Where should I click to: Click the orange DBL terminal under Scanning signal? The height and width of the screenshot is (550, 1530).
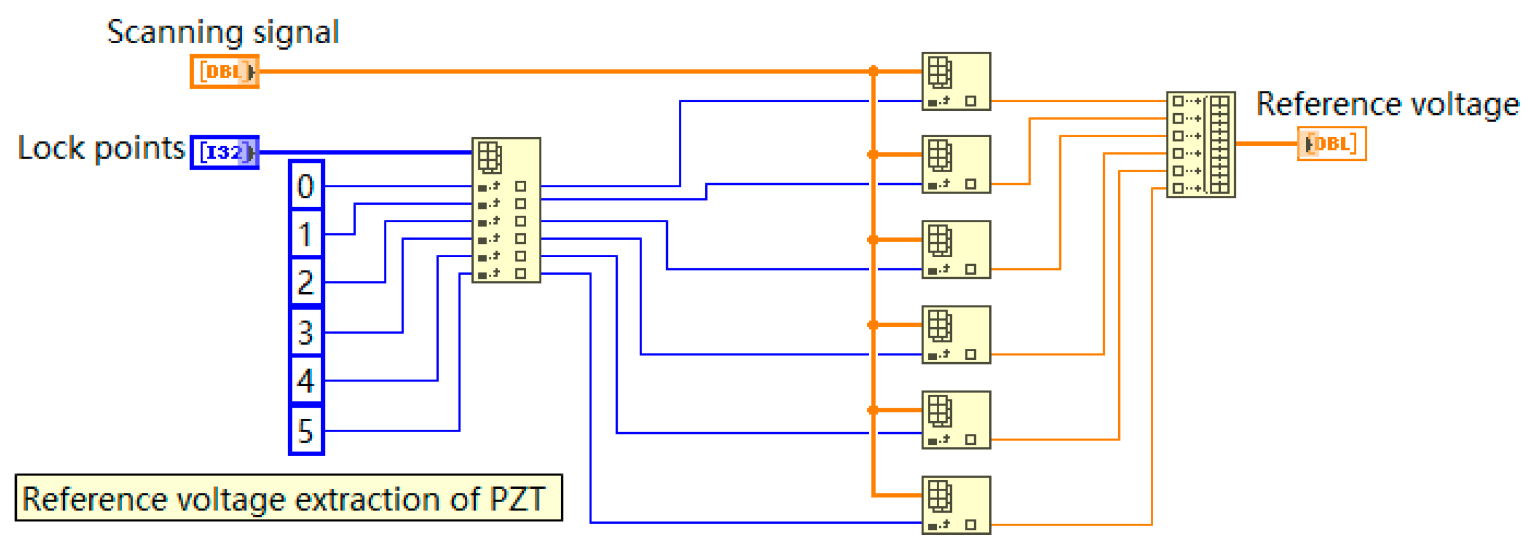tap(224, 71)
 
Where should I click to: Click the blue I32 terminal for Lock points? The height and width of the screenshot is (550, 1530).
tap(224, 152)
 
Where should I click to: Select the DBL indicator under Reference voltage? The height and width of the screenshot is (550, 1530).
tap(1331, 143)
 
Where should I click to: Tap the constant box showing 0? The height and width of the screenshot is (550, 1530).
tap(306, 186)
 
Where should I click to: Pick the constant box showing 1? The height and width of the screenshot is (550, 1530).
tap(306, 234)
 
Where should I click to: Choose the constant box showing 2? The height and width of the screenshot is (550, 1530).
tap(306, 282)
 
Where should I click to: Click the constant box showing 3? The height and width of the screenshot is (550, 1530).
tap(306, 332)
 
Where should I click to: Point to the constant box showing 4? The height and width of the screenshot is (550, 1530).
tap(306, 380)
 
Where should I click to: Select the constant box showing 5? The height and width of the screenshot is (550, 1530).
tap(306, 430)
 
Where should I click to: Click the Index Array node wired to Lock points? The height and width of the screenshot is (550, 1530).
tap(506, 209)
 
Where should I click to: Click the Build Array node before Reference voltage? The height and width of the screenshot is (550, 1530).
tap(1200, 144)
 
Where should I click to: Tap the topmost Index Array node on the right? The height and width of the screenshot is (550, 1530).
tap(955, 80)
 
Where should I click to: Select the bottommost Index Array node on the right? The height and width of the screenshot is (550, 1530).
tap(955, 505)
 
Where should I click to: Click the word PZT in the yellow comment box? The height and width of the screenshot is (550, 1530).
tap(516, 499)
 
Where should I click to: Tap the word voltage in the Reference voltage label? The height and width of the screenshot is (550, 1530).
tap(1464, 104)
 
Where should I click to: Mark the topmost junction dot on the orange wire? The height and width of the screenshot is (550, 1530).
tap(873, 71)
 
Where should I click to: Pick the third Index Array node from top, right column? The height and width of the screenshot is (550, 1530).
tap(955, 249)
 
